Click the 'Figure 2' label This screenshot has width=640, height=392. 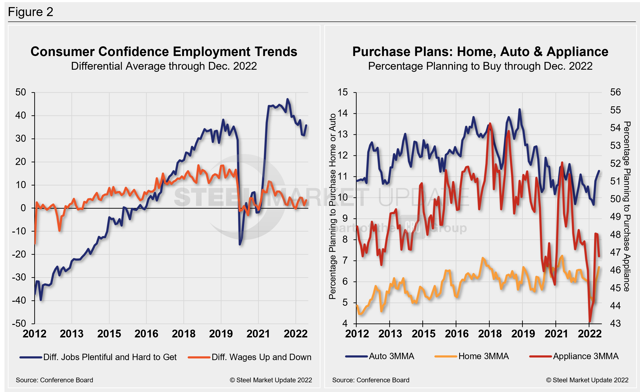30,12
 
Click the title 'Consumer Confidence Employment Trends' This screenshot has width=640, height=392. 164,52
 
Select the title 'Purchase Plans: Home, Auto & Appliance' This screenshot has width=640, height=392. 480,52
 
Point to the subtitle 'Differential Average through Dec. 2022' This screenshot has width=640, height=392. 164,66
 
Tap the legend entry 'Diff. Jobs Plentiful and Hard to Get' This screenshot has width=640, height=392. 110,357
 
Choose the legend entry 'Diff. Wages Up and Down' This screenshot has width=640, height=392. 261,357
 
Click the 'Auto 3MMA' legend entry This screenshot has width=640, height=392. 391,356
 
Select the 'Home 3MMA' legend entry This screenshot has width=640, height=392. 483,356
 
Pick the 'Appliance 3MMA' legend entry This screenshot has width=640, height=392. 586,356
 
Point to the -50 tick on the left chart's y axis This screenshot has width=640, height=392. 19,323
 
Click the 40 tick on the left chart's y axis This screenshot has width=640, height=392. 21,115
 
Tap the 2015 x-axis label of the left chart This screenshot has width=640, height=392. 109,334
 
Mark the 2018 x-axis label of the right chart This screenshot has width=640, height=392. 490,334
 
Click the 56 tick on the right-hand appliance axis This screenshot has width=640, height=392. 615,92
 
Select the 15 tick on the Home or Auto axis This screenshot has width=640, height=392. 342,92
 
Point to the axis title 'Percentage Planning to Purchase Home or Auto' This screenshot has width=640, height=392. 333,206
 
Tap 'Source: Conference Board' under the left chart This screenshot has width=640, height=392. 54,380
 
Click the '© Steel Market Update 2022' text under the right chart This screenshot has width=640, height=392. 587,380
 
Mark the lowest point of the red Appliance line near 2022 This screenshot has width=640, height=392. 590,321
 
